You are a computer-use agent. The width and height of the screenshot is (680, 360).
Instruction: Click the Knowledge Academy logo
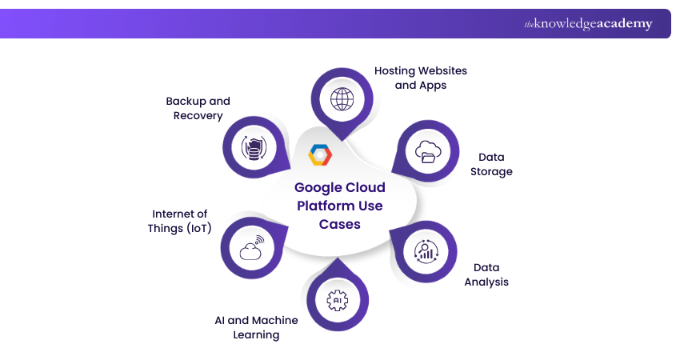(588, 24)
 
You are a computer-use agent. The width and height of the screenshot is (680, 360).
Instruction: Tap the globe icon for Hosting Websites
(342, 99)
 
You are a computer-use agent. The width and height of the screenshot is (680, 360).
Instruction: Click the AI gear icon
(338, 300)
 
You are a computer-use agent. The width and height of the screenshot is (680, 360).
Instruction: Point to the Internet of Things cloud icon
(251, 247)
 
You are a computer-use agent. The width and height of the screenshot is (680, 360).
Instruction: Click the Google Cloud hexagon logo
(320, 154)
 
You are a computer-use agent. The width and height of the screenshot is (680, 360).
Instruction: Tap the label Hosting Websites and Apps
(421, 78)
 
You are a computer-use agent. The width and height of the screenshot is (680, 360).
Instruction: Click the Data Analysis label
(486, 274)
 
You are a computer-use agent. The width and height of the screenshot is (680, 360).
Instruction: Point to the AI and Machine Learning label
(256, 327)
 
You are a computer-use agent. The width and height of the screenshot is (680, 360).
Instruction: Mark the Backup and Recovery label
(198, 108)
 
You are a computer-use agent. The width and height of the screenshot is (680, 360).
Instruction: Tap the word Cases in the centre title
(339, 225)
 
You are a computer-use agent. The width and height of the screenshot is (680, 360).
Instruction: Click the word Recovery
(198, 116)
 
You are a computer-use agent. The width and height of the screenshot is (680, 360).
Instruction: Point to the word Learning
(256, 335)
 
